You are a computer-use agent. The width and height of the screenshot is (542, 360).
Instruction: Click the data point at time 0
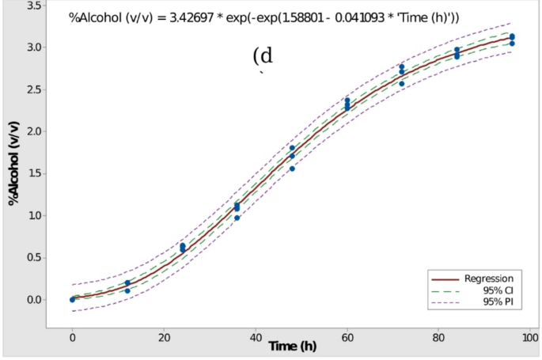point(72,299)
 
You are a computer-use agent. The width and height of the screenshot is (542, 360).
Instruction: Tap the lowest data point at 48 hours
point(292,169)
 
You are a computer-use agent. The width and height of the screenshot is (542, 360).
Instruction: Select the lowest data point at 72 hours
point(402,84)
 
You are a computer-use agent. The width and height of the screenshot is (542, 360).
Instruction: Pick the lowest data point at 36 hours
point(237,218)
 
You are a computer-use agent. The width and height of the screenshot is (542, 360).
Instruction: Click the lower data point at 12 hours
point(127,290)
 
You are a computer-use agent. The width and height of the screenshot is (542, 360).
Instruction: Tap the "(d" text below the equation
point(263,56)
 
